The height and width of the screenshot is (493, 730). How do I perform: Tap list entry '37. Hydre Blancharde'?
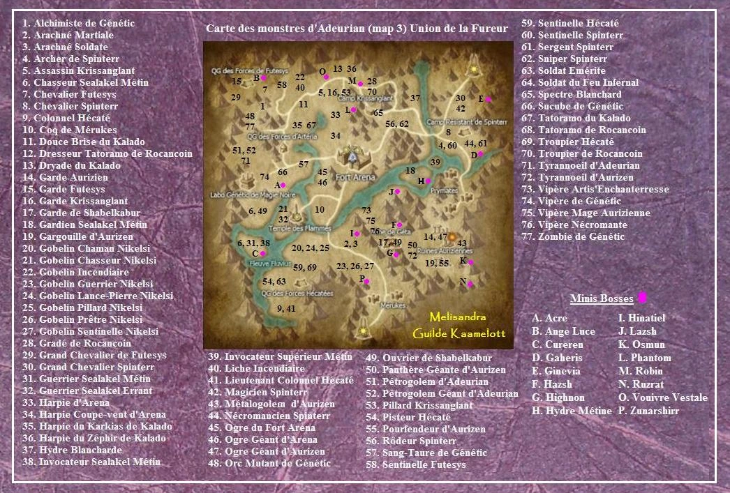pyautogui.click(x=72, y=450)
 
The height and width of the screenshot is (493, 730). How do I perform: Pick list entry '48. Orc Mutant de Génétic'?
pyautogui.click(x=269, y=463)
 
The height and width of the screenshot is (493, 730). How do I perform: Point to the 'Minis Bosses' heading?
pyautogui.click(x=601, y=299)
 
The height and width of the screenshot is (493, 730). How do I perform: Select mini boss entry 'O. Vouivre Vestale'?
pyautogui.click(x=662, y=398)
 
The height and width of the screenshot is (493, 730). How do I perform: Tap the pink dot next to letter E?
pyautogui.click(x=489, y=100)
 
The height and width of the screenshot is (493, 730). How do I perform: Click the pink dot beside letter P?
pyautogui.click(x=368, y=282)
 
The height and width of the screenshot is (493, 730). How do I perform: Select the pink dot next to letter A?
pyautogui.click(x=284, y=185)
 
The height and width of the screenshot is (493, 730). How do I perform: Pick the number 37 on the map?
pyautogui.click(x=415, y=98)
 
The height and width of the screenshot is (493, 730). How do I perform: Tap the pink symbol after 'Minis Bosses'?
pyautogui.click(x=642, y=298)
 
